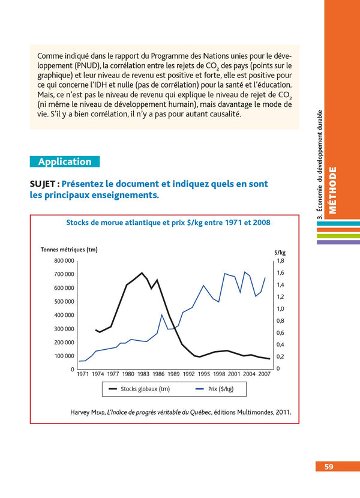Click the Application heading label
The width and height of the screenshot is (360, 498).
coord(65,161)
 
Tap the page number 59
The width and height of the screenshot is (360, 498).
coord(329,467)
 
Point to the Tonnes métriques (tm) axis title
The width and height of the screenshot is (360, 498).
coord(68,250)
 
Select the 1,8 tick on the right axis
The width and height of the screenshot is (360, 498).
coord(280,261)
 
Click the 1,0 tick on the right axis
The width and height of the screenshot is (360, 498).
coord(280,309)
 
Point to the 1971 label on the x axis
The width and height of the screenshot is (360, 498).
coord(83,374)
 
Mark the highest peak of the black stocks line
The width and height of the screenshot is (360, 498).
coord(142,273)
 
